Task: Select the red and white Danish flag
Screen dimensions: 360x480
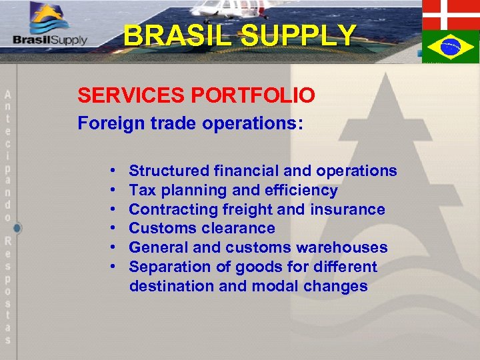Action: click(x=451, y=14)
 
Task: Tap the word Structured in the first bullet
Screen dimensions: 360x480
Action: click(x=167, y=171)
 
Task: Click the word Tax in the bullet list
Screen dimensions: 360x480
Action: click(x=142, y=190)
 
